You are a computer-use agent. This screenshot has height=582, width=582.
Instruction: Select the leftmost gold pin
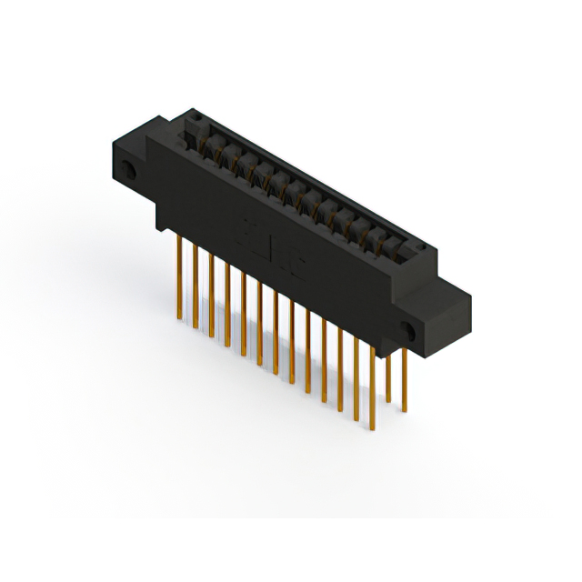[179, 273]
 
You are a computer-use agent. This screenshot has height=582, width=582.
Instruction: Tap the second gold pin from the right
[388, 373]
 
